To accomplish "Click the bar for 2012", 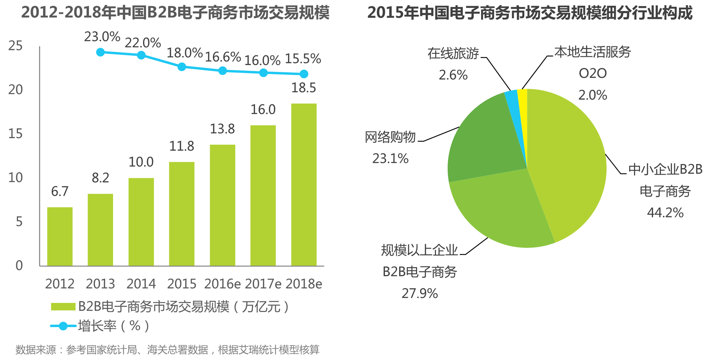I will [60, 236].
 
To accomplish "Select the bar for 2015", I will [182, 214].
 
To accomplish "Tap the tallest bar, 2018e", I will [304, 185].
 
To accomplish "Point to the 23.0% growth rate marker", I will [100, 52].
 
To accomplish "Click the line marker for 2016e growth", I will [222, 71].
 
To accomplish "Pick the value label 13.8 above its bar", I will [222, 129].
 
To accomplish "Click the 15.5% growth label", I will [303, 59].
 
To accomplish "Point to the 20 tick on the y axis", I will [16, 90].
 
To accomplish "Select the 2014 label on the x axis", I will [141, 284].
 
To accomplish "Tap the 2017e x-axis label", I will [263, 284].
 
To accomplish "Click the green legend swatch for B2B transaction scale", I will [63, 307].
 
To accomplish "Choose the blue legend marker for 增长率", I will [63, 326].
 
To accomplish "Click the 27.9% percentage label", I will [420, 294].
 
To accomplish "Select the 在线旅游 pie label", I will [453, 54].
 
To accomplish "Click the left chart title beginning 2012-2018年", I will [175, 13].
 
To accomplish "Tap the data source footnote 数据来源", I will [167, 350].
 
